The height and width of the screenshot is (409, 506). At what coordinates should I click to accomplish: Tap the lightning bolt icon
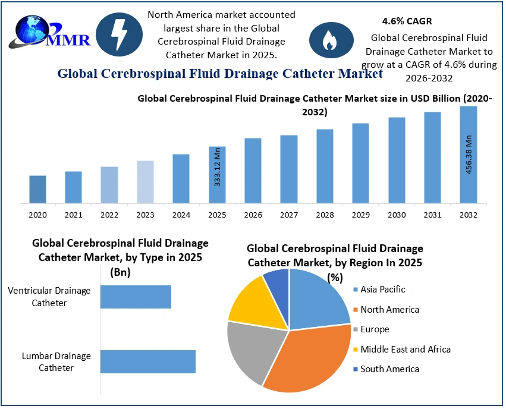118,34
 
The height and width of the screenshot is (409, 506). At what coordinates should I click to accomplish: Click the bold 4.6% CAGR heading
398,21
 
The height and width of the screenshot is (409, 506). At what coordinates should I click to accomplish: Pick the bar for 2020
38,189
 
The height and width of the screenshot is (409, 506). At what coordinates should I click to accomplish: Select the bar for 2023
145,182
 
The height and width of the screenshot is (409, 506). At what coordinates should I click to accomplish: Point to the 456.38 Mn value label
469,155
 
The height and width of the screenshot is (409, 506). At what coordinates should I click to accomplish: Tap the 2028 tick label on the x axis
325,215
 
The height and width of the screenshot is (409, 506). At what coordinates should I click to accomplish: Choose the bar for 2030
397,160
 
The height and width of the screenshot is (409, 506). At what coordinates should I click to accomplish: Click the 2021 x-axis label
74,215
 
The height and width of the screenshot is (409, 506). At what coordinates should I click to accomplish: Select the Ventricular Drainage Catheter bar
136,297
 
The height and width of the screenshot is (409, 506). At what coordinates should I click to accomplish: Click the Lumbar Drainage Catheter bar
147,361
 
